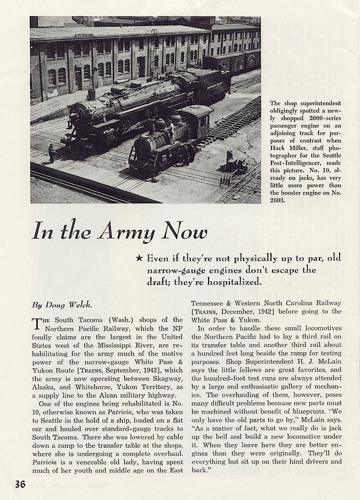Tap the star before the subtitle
pos(139,258)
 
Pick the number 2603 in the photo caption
pos(282,201)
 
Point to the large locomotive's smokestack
pos(91,94)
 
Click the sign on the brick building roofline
pos(83,36)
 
